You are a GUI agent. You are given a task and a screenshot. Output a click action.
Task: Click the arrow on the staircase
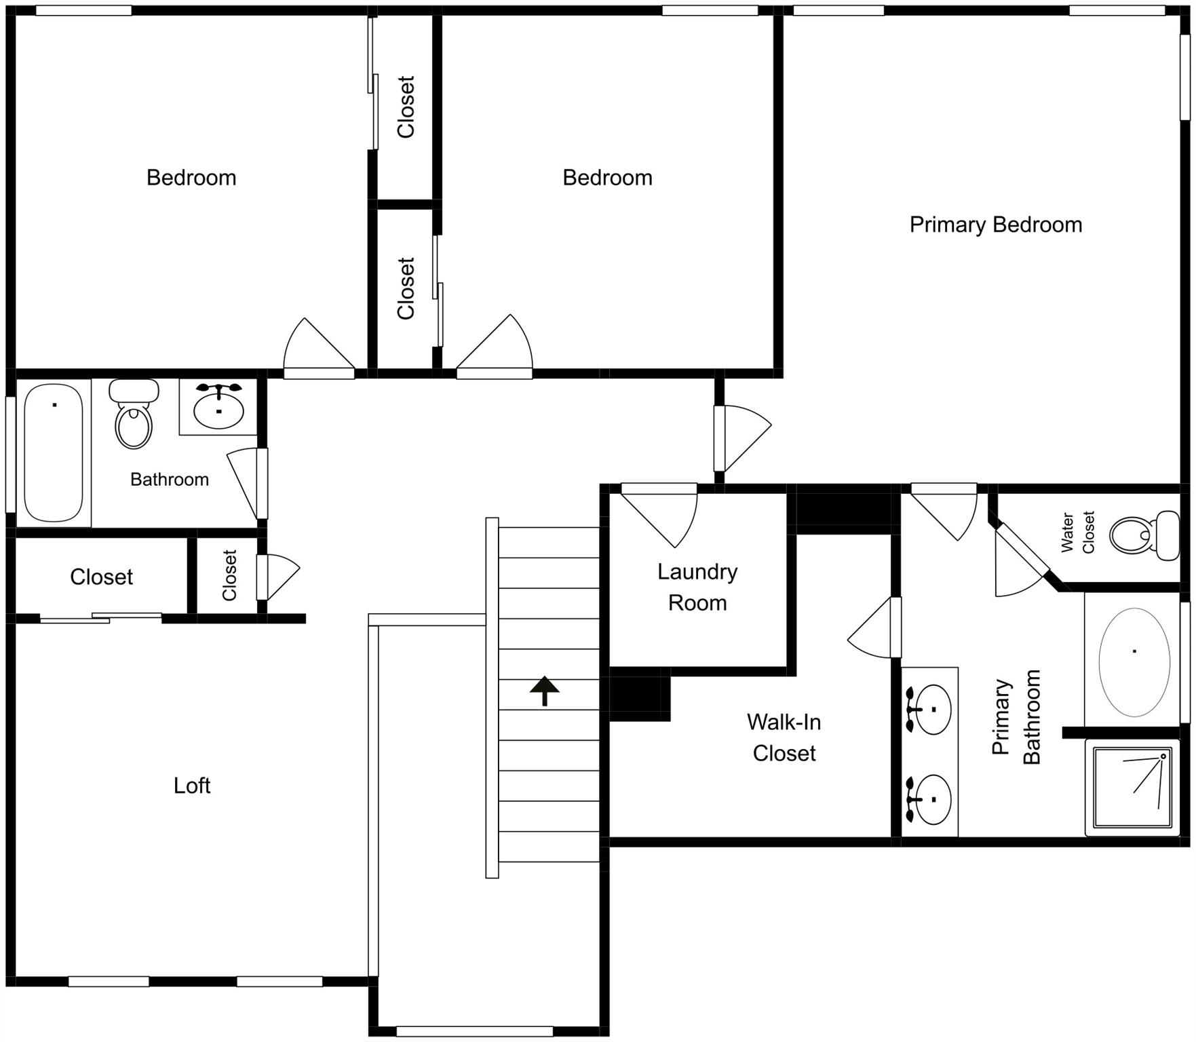pos(544,691)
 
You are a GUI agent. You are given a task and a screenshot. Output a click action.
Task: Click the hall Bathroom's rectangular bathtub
pos(54,452)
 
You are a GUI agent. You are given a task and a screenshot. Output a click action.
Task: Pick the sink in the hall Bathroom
pos(218,408)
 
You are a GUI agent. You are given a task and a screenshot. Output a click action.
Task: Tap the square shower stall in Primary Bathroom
pos(1132,788)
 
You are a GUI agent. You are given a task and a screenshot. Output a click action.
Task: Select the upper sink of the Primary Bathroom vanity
pos(931,710)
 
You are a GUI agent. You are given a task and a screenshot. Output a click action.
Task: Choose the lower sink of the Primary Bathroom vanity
pos(931,799)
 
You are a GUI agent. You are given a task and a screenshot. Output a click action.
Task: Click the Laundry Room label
pos(697,587)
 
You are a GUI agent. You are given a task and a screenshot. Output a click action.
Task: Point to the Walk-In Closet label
pos(784,737)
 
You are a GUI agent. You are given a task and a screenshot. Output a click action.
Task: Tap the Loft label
pos(192,786)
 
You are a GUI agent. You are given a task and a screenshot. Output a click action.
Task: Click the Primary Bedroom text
pos(995,225)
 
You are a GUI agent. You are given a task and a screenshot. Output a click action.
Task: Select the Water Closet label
pos(1077,533)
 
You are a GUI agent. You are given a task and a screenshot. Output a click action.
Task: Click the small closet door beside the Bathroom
pos(277,577)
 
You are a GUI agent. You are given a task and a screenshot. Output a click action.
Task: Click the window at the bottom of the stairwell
pos(474,1031)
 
